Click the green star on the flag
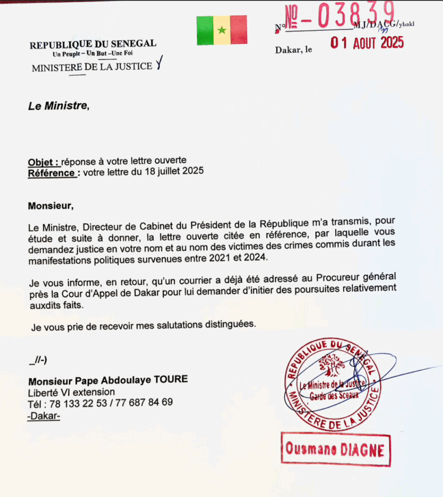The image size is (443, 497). point(222,30)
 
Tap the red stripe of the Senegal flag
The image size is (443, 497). point(238,30)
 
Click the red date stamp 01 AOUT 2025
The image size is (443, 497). point(367,43)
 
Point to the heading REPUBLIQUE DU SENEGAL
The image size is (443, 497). point(93,45)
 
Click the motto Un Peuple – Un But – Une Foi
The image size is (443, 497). point(93,53)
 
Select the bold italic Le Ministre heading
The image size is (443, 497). point(58,105)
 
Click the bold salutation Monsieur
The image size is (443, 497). point(50,206)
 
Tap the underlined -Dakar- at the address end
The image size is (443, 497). point(44,415)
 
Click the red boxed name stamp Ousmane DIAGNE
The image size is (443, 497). point(335,449)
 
